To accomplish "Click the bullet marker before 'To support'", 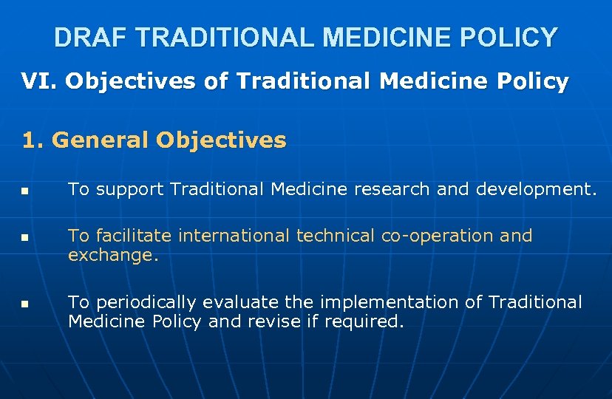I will (x=25, y=191).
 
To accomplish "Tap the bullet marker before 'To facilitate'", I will (x=25, y=239).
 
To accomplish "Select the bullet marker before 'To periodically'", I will (x=25, y=304).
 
